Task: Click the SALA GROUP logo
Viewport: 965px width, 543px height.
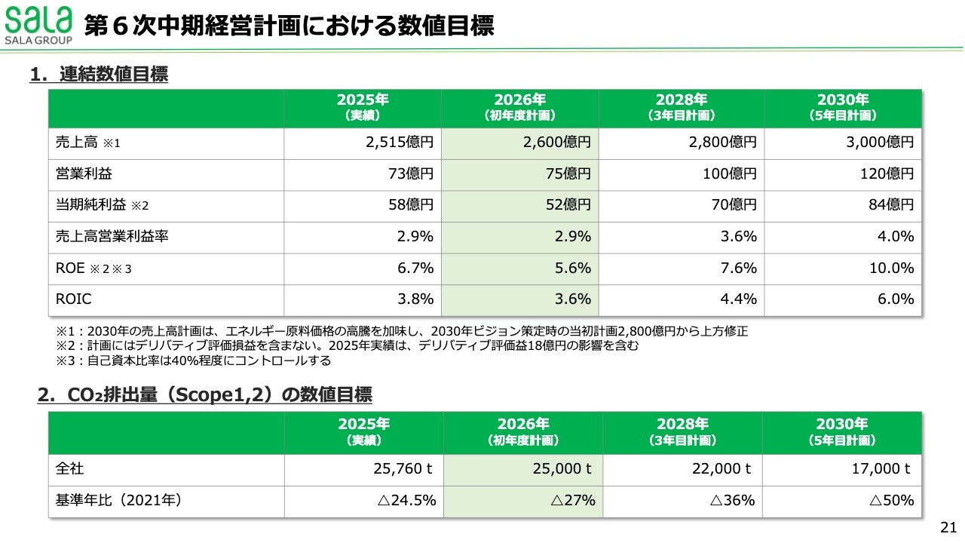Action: point(38,26)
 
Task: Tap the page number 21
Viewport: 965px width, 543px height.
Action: point(948,527)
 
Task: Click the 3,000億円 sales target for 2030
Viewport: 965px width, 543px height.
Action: point(880,142)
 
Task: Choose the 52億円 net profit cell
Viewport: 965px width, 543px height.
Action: point(567,204)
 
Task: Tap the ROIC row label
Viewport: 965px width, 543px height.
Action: point(74,299)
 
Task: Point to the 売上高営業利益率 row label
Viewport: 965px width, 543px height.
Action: point(112,236)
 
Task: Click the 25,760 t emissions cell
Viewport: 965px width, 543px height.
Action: point(403,468)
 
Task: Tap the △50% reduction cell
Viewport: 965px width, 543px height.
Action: point(892,500)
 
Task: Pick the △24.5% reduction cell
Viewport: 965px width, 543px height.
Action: point(408,500)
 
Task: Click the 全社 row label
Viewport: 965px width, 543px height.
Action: point(69,468)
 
